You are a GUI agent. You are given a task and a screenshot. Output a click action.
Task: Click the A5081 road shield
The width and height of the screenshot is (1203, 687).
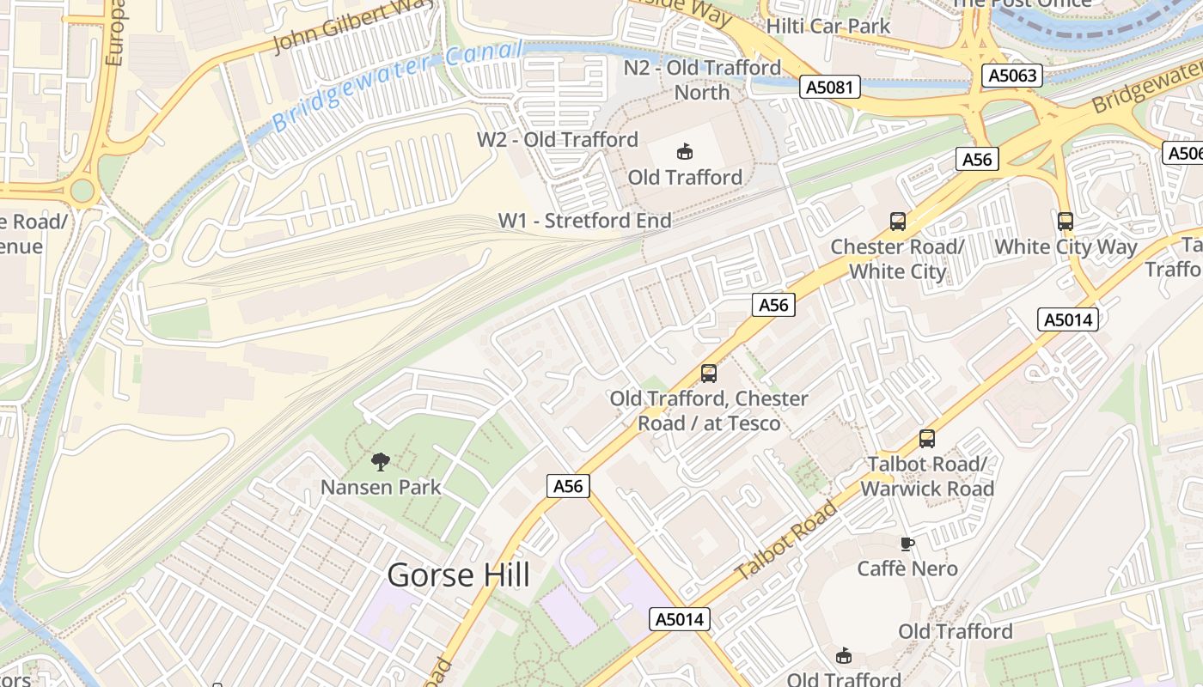click(x=830, y=86)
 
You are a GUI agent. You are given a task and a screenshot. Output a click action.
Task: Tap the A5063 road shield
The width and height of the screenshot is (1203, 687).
click(x=1012, y=76)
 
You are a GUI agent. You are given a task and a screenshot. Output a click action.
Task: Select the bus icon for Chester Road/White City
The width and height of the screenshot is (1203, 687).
click(x=897, y=222)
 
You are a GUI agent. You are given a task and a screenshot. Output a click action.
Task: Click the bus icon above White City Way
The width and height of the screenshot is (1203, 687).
click(x=1066, y=222)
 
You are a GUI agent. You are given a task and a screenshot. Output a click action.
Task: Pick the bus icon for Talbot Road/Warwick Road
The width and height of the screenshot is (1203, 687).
click(x=926, y=439)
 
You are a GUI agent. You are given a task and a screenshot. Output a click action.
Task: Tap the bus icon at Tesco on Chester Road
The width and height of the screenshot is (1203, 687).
click(x=709, y=374)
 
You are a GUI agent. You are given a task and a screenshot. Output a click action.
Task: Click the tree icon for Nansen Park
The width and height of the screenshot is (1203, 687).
click(x=381, y=462)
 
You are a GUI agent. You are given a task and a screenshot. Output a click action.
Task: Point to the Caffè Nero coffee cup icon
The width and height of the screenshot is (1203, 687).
click(x=907, y=544)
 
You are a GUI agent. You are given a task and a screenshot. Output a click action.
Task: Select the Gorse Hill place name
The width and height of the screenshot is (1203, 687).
click(x=458, y=575)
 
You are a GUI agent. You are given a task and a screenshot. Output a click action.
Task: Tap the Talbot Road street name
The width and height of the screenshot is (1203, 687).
click(x=787, y=541)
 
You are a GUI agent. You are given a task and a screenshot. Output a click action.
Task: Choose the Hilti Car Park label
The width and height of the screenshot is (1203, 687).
click(x=828, y=26)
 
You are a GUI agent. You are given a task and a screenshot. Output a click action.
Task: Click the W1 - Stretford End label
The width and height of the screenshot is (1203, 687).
click(x=584, y=221)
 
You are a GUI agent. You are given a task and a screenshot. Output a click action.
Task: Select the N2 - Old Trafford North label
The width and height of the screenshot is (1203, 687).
click(x=702, y=80)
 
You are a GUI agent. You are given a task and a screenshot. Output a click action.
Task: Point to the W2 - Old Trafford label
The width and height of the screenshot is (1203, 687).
click(x=558, y=139)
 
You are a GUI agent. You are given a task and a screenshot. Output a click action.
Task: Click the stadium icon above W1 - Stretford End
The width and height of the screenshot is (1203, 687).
click(x=685, y=152)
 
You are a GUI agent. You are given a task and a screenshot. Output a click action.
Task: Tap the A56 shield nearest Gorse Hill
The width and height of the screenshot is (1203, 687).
click(x=568, y=486)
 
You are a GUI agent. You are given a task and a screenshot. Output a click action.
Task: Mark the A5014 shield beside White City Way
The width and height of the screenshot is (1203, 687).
click(x=1068, y=320)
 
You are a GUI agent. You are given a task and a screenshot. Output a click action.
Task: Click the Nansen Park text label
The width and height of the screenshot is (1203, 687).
click(x=381, y=487)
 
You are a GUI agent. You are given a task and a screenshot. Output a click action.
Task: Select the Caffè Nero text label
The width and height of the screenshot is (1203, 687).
click(x=907, y=568)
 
